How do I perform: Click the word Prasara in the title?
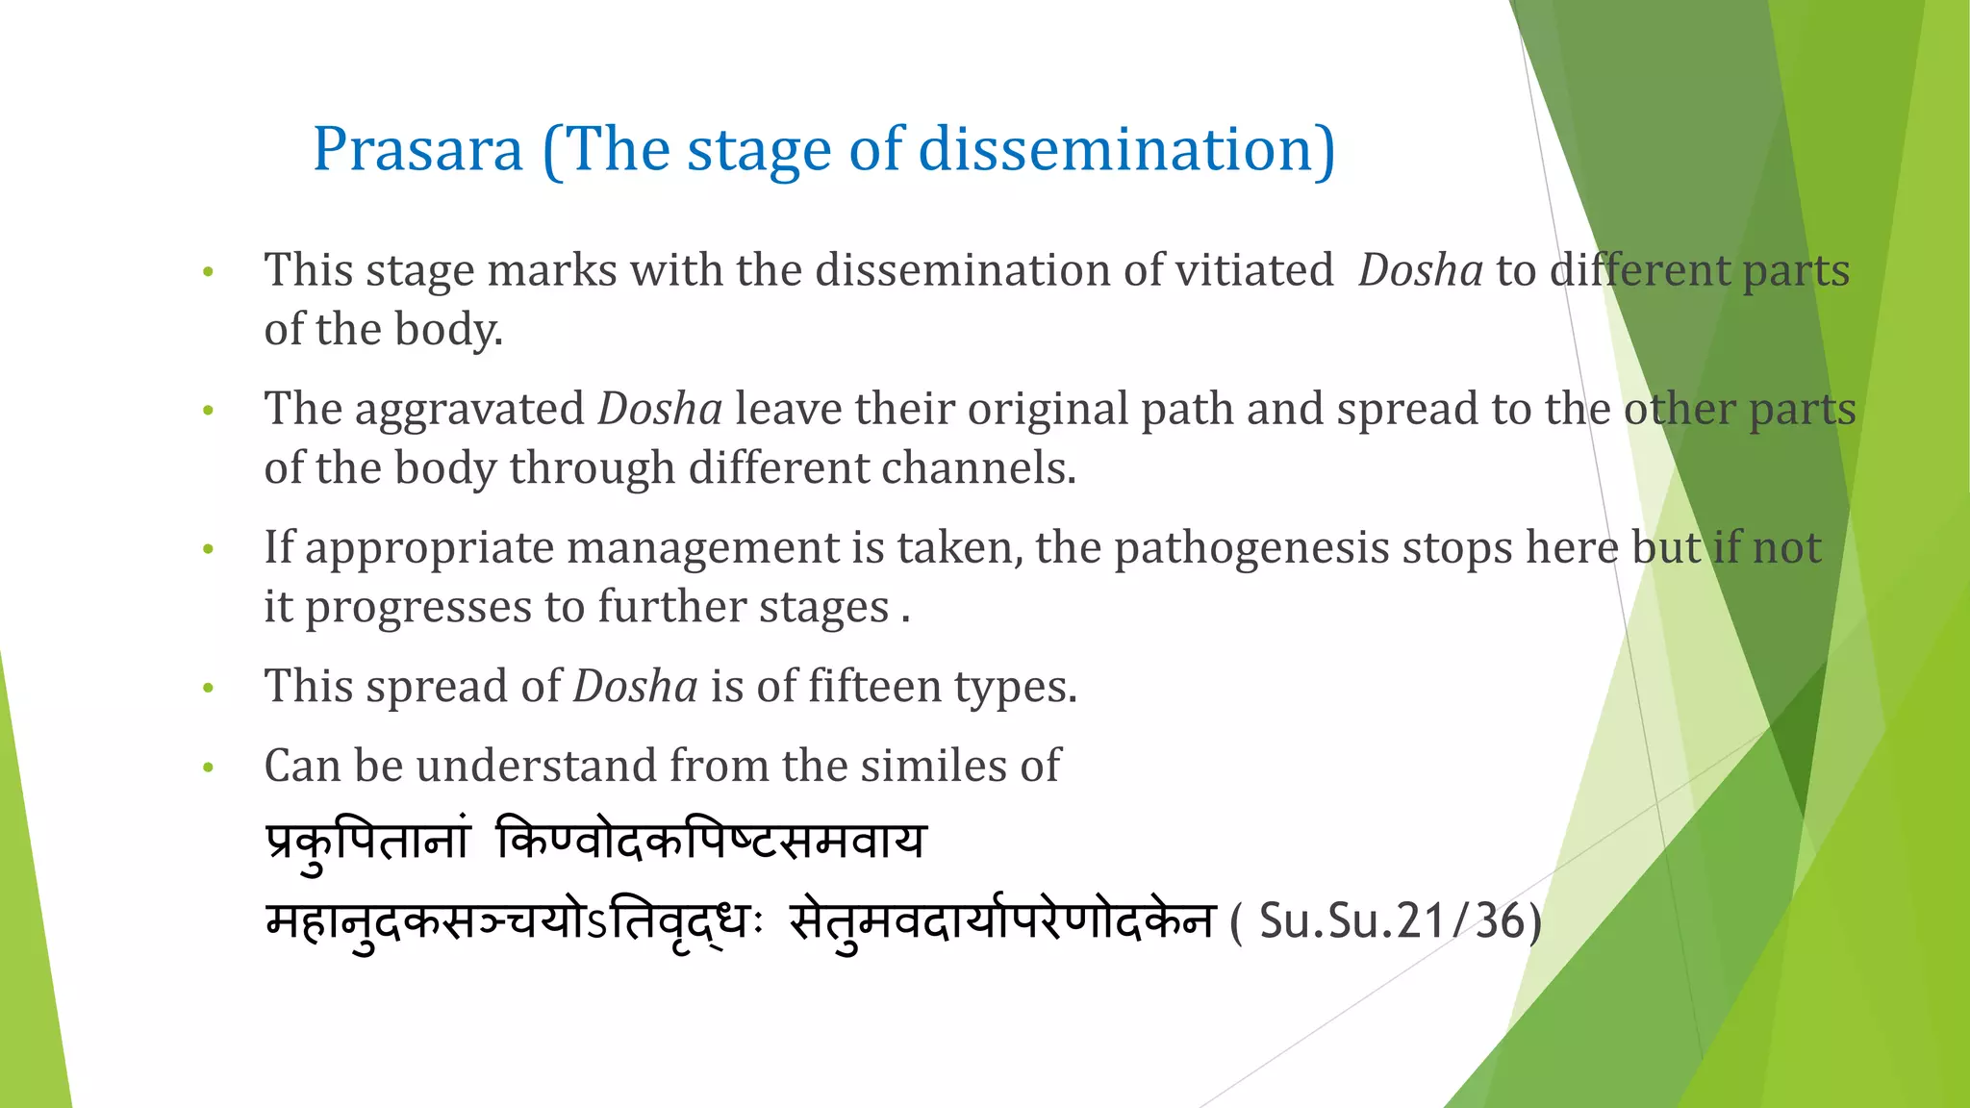[418, 150]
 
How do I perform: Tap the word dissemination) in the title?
[1126, 150]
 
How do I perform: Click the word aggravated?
[469, 409]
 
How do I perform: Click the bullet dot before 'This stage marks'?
[208, 272]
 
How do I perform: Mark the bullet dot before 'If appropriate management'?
[208, 550]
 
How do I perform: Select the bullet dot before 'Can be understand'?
[208, 768]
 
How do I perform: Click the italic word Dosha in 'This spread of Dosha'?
[635, 687]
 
